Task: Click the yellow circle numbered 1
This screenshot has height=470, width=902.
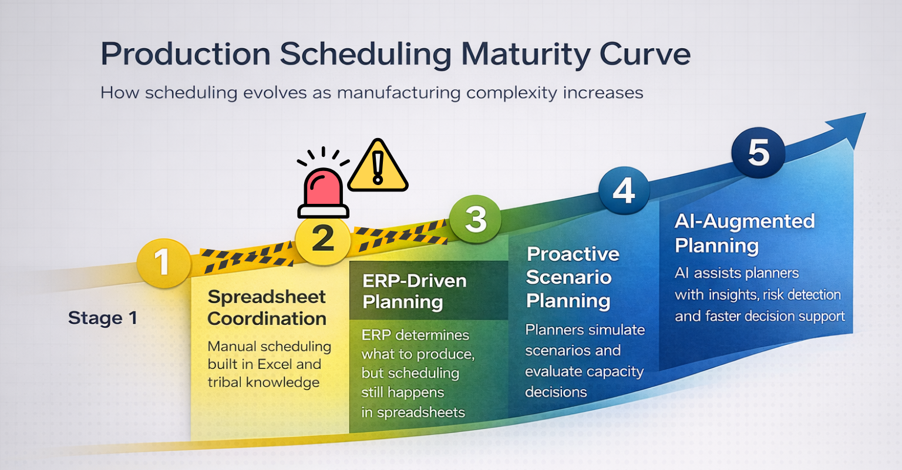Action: pos(163,262)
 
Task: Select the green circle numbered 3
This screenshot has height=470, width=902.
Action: pos(475,219)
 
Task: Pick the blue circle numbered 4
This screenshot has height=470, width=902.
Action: pos(624,191)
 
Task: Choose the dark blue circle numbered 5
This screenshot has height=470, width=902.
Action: pos(758,152)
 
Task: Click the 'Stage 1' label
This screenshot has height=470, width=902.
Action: pos(102,318)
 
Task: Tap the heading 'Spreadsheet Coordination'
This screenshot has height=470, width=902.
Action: pos(267,308)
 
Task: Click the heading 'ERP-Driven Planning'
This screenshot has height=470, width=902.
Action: pos(414,291)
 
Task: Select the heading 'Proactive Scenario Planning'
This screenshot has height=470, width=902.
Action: pos(572,277)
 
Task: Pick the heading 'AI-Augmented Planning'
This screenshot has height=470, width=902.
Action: pos(744,233)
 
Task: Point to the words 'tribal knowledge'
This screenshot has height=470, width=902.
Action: pos(263,382)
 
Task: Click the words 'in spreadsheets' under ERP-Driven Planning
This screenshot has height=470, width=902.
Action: pos(413,412)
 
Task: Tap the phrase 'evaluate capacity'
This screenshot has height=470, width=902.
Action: pos(584,372)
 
